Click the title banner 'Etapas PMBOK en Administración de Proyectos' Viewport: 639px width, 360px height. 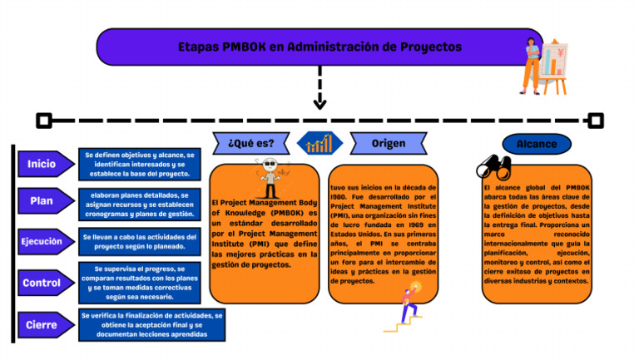319,47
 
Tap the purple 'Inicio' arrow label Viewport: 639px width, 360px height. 43,165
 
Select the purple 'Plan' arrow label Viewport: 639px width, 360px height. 43,201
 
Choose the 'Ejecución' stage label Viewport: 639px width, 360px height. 43,242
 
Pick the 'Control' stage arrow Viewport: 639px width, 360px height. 43,283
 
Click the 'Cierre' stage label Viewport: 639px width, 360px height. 43,325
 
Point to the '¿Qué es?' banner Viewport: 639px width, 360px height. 250,143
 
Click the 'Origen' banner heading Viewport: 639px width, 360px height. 389,143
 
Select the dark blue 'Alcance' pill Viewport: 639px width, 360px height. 537,144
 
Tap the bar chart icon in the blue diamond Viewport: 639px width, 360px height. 319,144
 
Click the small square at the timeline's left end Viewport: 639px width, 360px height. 44,121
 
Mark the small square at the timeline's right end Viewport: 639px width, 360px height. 595,121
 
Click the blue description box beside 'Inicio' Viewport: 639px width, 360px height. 139,165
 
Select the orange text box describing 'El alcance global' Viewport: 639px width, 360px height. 537,234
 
